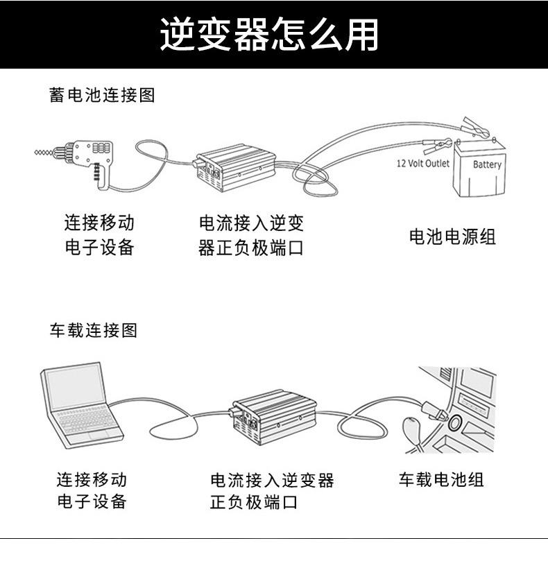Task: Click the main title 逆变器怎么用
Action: coord(269,35)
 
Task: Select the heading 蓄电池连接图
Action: coord(102,95)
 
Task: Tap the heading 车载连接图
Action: coord(93,330)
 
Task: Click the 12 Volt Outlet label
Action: coord(422,164)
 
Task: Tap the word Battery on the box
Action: coord(487,164)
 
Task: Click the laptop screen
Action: coord(75,386)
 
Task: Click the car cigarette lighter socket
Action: coord(456,421)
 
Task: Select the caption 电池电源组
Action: coord(452,236)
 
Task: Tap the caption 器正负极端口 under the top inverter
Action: coord(251,248)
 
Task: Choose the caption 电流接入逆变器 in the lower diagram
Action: coord(272,480)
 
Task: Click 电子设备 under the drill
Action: coord(99,248)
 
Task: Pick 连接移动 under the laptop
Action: coord(92,479)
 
